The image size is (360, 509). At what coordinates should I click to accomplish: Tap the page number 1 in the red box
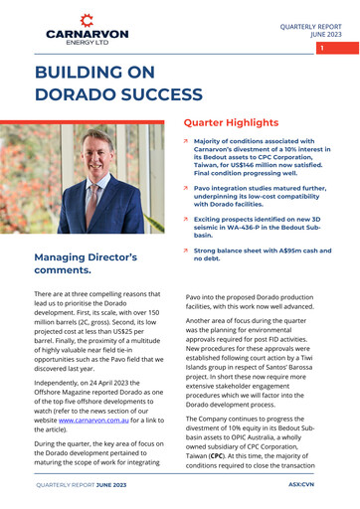tap(322, 47)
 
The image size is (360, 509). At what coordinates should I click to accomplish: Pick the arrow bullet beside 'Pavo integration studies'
tap(186, 187)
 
